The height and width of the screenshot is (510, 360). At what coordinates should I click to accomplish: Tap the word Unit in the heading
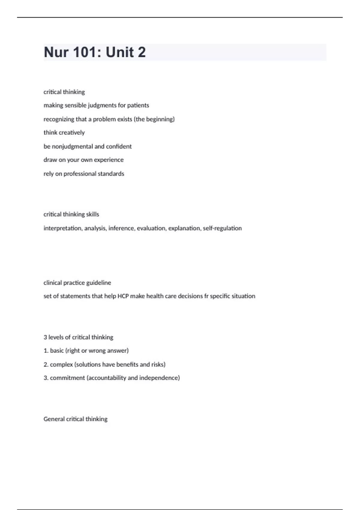point(119,52)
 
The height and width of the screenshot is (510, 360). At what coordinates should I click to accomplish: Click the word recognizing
point(58,119)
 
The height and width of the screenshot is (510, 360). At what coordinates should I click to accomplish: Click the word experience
point(109,160)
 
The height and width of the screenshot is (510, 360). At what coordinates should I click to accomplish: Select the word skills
point(92,214)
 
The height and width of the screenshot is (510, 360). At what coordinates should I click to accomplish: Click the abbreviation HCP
point(123,296)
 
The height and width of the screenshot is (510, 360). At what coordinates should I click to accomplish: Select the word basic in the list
point(57,351)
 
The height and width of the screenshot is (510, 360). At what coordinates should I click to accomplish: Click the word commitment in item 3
point(67,378)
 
